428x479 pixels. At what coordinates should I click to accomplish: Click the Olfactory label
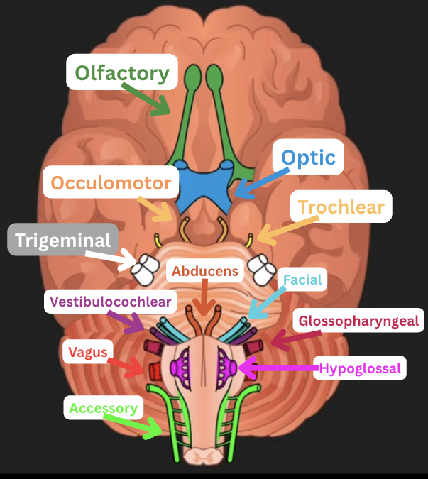[122, 72]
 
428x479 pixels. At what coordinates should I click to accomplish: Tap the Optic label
[308, 158]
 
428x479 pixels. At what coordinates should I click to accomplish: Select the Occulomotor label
[111, 183]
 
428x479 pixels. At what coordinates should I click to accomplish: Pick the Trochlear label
[341, 207]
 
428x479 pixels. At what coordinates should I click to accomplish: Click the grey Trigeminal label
[64, 240]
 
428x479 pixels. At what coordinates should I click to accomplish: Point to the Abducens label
[204, 270]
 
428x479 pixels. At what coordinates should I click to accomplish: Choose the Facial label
[302, 280]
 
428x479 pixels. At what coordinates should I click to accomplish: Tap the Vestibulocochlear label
[110, 302]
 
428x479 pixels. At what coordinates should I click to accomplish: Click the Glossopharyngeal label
[359, 320]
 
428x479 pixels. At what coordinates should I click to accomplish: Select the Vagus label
[88, 352]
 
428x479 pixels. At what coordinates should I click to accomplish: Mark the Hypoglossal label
[360, 368]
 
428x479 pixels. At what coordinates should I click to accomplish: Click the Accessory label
[104, 408]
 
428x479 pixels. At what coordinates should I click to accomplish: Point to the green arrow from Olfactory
[148, 98]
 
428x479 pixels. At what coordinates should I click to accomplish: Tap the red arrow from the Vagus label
[128, 365]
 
